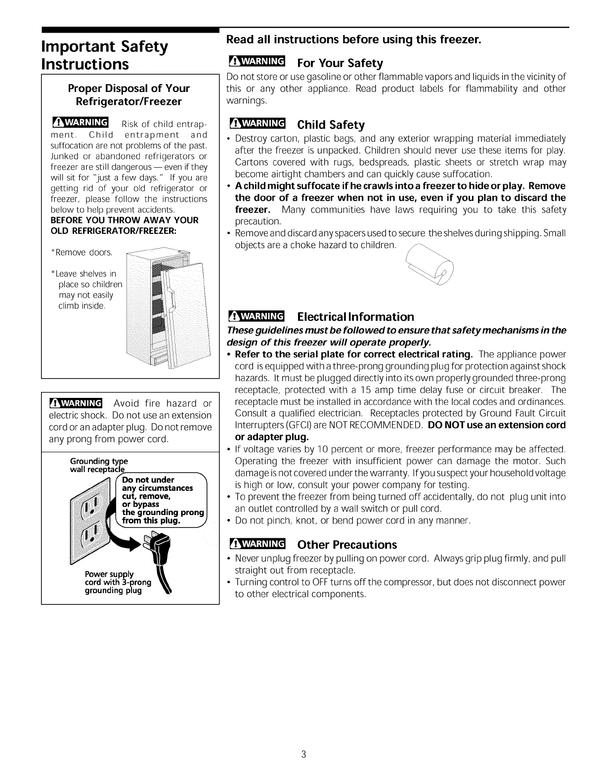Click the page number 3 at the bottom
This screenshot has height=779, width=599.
click(x=304, y=754)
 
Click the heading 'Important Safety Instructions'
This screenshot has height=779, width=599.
click(x=105, y=55)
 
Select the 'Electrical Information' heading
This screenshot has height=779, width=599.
click(x=356, y=317)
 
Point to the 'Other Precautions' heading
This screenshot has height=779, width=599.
click(x=347, y=545)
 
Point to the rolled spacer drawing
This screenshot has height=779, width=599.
click(x=430, y=267)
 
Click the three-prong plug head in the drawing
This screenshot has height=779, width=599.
click(x=158, y=546)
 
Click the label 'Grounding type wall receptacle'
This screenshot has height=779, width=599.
click(x=99, y=465)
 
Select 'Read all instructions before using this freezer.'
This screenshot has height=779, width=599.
click(x=353, y=39)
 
